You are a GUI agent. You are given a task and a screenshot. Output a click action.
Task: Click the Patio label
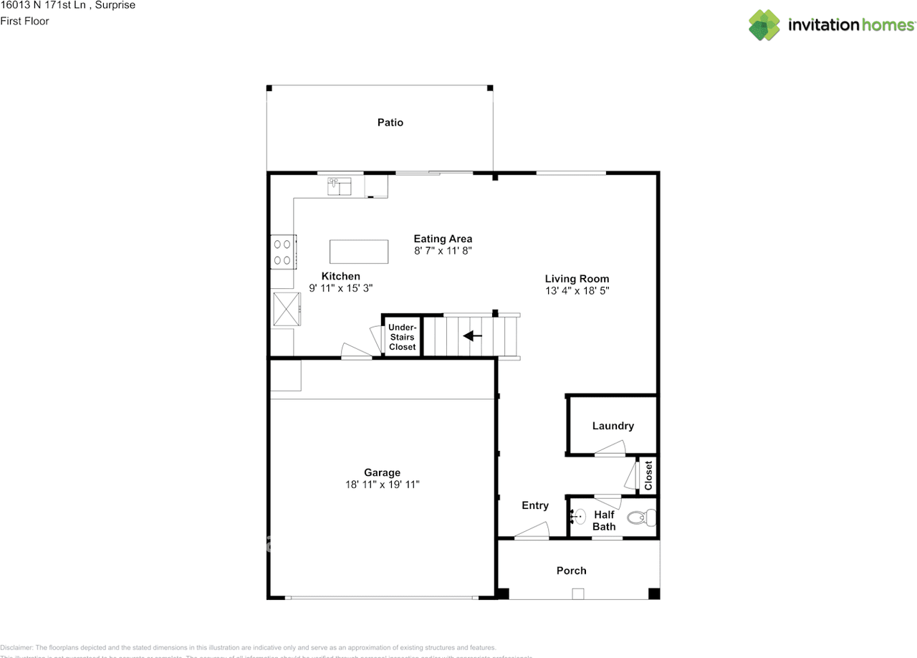click(x=390, y=123)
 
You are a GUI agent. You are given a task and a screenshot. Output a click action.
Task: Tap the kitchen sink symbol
click(x=340, y=186)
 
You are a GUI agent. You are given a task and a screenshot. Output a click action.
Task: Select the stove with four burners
click(x=283, y=252)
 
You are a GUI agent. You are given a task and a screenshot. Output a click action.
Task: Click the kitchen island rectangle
click(x=359, y=252)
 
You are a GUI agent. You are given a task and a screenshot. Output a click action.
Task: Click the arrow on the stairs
click(x=472, y=335)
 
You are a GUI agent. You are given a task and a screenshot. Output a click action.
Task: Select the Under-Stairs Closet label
click(x=402, y=337)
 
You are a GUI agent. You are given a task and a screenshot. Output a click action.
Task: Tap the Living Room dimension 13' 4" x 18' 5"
click(x=577, y=291)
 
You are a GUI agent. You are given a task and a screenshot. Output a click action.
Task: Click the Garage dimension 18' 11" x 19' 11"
click(x=382, y=485)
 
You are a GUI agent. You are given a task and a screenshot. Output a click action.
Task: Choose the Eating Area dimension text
click(x=443, y=251)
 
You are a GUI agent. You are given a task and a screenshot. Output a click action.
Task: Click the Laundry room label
click(x=613, y=426)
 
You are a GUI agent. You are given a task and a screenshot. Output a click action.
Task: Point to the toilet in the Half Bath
click(x=640, y=516)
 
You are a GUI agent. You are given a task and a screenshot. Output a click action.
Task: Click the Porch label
click(x=571, y=571)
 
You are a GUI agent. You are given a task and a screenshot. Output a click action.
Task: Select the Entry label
click(x=534, y=505)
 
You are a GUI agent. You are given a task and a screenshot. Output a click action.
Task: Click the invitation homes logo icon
click(x=764, y=25)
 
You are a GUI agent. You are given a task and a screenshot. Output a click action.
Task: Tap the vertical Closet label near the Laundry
click(x=648, y=475)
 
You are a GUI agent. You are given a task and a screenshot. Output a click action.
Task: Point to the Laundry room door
click(x=610, y=449)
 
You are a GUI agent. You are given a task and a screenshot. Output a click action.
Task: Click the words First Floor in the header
click(x=25, y=21)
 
